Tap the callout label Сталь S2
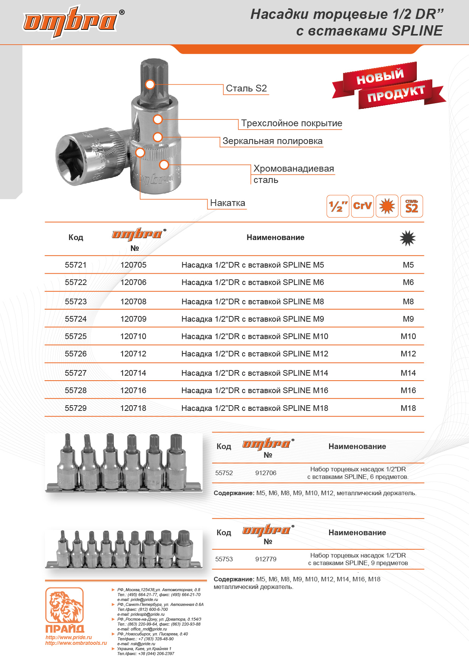(246, 88)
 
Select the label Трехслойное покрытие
(291, 123)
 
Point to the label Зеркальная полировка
(272, 141)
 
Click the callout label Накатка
(227, 203)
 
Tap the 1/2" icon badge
(338, 206)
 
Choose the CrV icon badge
(362, 206)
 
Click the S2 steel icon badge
(412, 206)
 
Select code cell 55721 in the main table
(76, 265)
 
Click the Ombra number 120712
(133, 354)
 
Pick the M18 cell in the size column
(408, 408)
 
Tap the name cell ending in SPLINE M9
(253, 319)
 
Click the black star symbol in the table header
(408, 238)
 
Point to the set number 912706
(266, 473)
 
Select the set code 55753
(224, 559)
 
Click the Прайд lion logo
(65, 607)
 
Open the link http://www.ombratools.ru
(76, 643)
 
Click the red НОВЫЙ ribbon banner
(380, 76)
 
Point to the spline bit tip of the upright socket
(151, 76)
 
